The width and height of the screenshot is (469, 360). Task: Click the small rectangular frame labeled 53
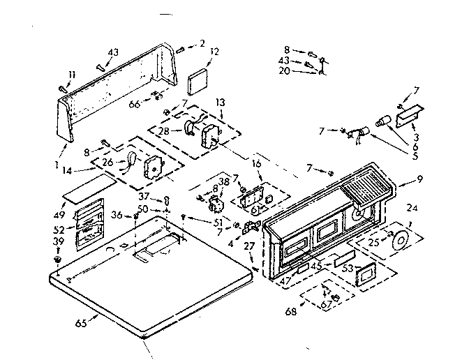[x=366, y=276]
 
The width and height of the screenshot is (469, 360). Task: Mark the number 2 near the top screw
[x=202, y=43]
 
